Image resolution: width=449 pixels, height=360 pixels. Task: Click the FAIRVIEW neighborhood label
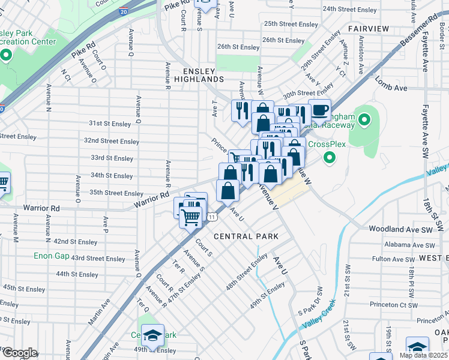(369, 29)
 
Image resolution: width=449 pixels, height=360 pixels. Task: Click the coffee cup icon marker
(319, 110)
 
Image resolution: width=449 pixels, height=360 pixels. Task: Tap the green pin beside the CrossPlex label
(329, 158)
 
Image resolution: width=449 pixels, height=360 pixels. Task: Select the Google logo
(20, 353)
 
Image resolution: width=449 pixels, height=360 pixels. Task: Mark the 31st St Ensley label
(111, 123)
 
